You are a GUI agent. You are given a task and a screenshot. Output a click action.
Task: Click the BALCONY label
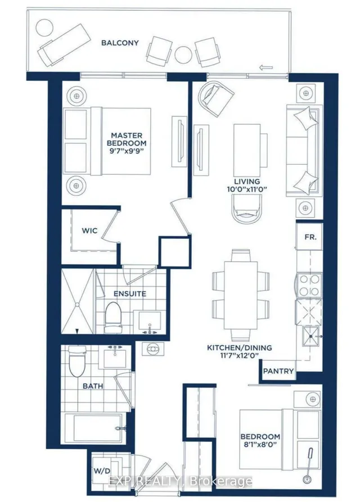(x=120, y=43)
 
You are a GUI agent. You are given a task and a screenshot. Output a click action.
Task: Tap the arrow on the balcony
(x=266, y=67)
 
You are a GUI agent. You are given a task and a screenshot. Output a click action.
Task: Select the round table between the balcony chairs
(x=183, y=55)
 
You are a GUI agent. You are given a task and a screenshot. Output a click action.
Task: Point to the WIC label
(x=89, y=230)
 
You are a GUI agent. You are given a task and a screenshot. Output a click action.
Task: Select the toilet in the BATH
(x=77, y=361)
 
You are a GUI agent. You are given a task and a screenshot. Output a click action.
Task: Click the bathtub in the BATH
(x=94, y=428)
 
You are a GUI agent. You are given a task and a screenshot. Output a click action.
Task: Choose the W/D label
(x=102, y=471)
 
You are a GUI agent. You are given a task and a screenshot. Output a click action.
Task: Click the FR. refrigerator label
(x=310, y=237)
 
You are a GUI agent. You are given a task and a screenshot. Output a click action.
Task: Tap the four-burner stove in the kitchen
(x=309, y=285)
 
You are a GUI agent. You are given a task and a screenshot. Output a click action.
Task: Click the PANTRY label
(x=278, y=371)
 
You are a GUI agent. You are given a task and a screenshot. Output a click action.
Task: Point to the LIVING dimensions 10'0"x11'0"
(x=247, y=189)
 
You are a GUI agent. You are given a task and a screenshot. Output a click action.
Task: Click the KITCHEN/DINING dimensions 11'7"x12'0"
(x=239, y=355)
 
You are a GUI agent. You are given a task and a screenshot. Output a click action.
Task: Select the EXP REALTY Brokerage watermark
(x=180, y=481)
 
